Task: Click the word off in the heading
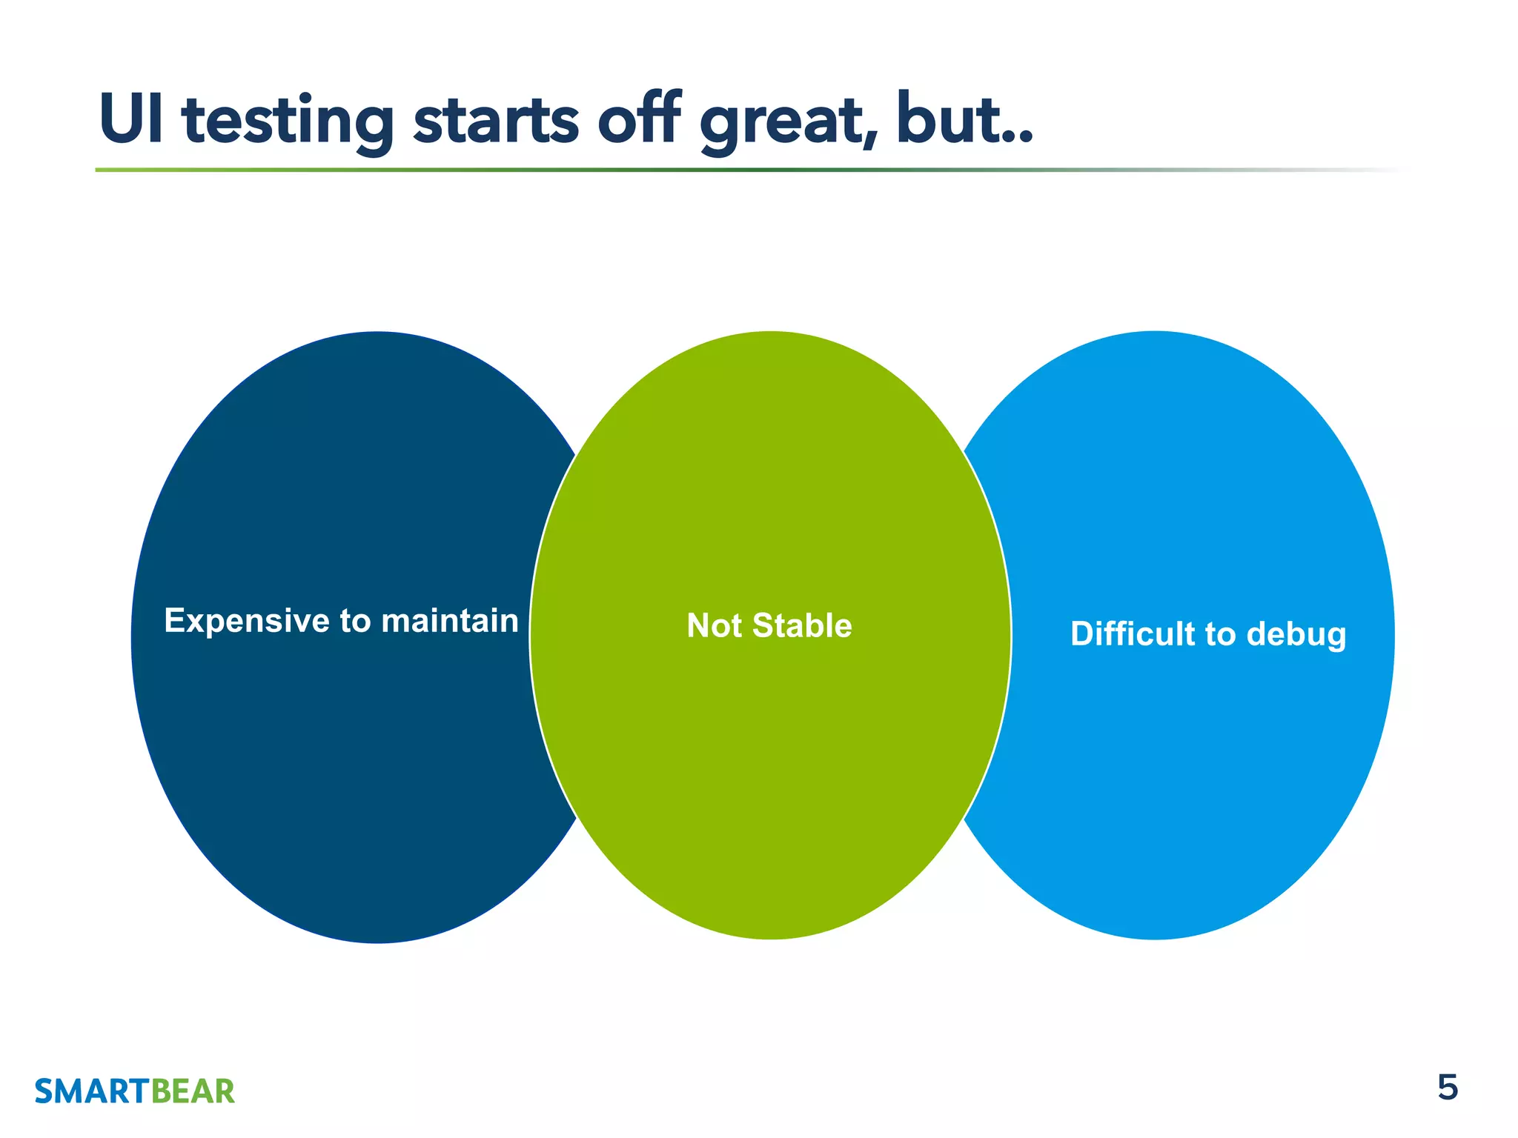[x=639, y=119]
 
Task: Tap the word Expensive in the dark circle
[x=247, y=622]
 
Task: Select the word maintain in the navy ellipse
[x=449, y=621]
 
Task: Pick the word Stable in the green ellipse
[x=802, y=626]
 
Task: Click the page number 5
[x=1447, y=1088]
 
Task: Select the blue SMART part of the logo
[x=92, y=1092]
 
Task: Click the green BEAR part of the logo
[x=193, y=1092]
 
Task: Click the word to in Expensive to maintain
[x=355, y=622]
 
